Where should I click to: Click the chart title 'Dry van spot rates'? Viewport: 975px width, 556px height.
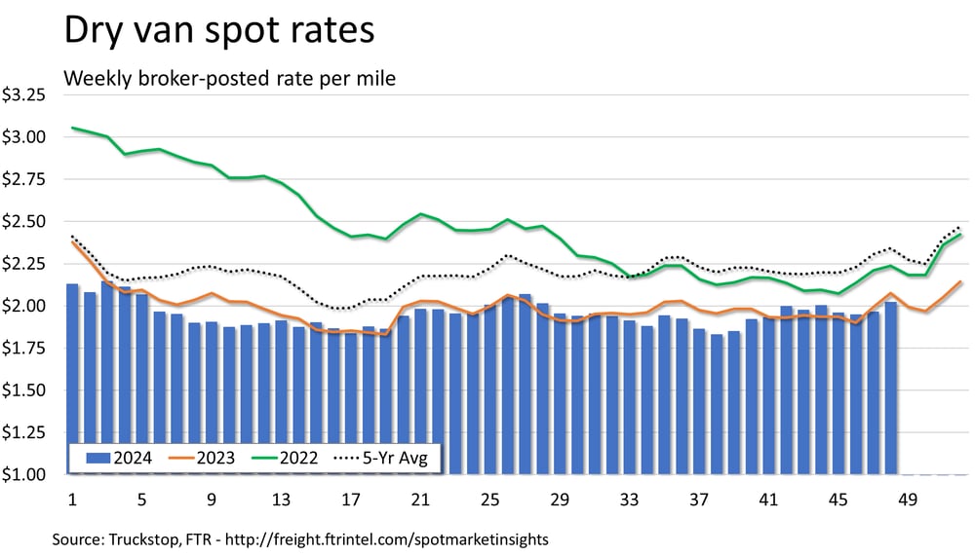[x=218, y=30]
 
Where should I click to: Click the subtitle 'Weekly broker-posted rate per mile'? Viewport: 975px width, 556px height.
[x=229, y=79]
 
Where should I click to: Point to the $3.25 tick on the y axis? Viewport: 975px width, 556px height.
[x=23, y=95]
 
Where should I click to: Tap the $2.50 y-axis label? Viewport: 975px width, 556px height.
[x=23, y=222]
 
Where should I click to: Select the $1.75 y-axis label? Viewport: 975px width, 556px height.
[x=23, y=349]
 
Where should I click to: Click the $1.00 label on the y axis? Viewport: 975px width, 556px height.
[x=23, y=475]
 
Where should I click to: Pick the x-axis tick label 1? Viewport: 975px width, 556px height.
[x=72, y=500]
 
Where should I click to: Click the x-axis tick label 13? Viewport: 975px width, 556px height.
[x=282, y=500]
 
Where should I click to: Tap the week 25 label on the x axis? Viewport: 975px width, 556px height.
[x=490, y=500]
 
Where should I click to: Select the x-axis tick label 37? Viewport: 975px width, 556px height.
[x=700, y=500]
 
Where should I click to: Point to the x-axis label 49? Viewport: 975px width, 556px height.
[x=909, y=500]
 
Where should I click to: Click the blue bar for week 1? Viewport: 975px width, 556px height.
[x=72, y=380]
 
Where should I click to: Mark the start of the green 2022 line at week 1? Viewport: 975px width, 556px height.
[x=72, y=128]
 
